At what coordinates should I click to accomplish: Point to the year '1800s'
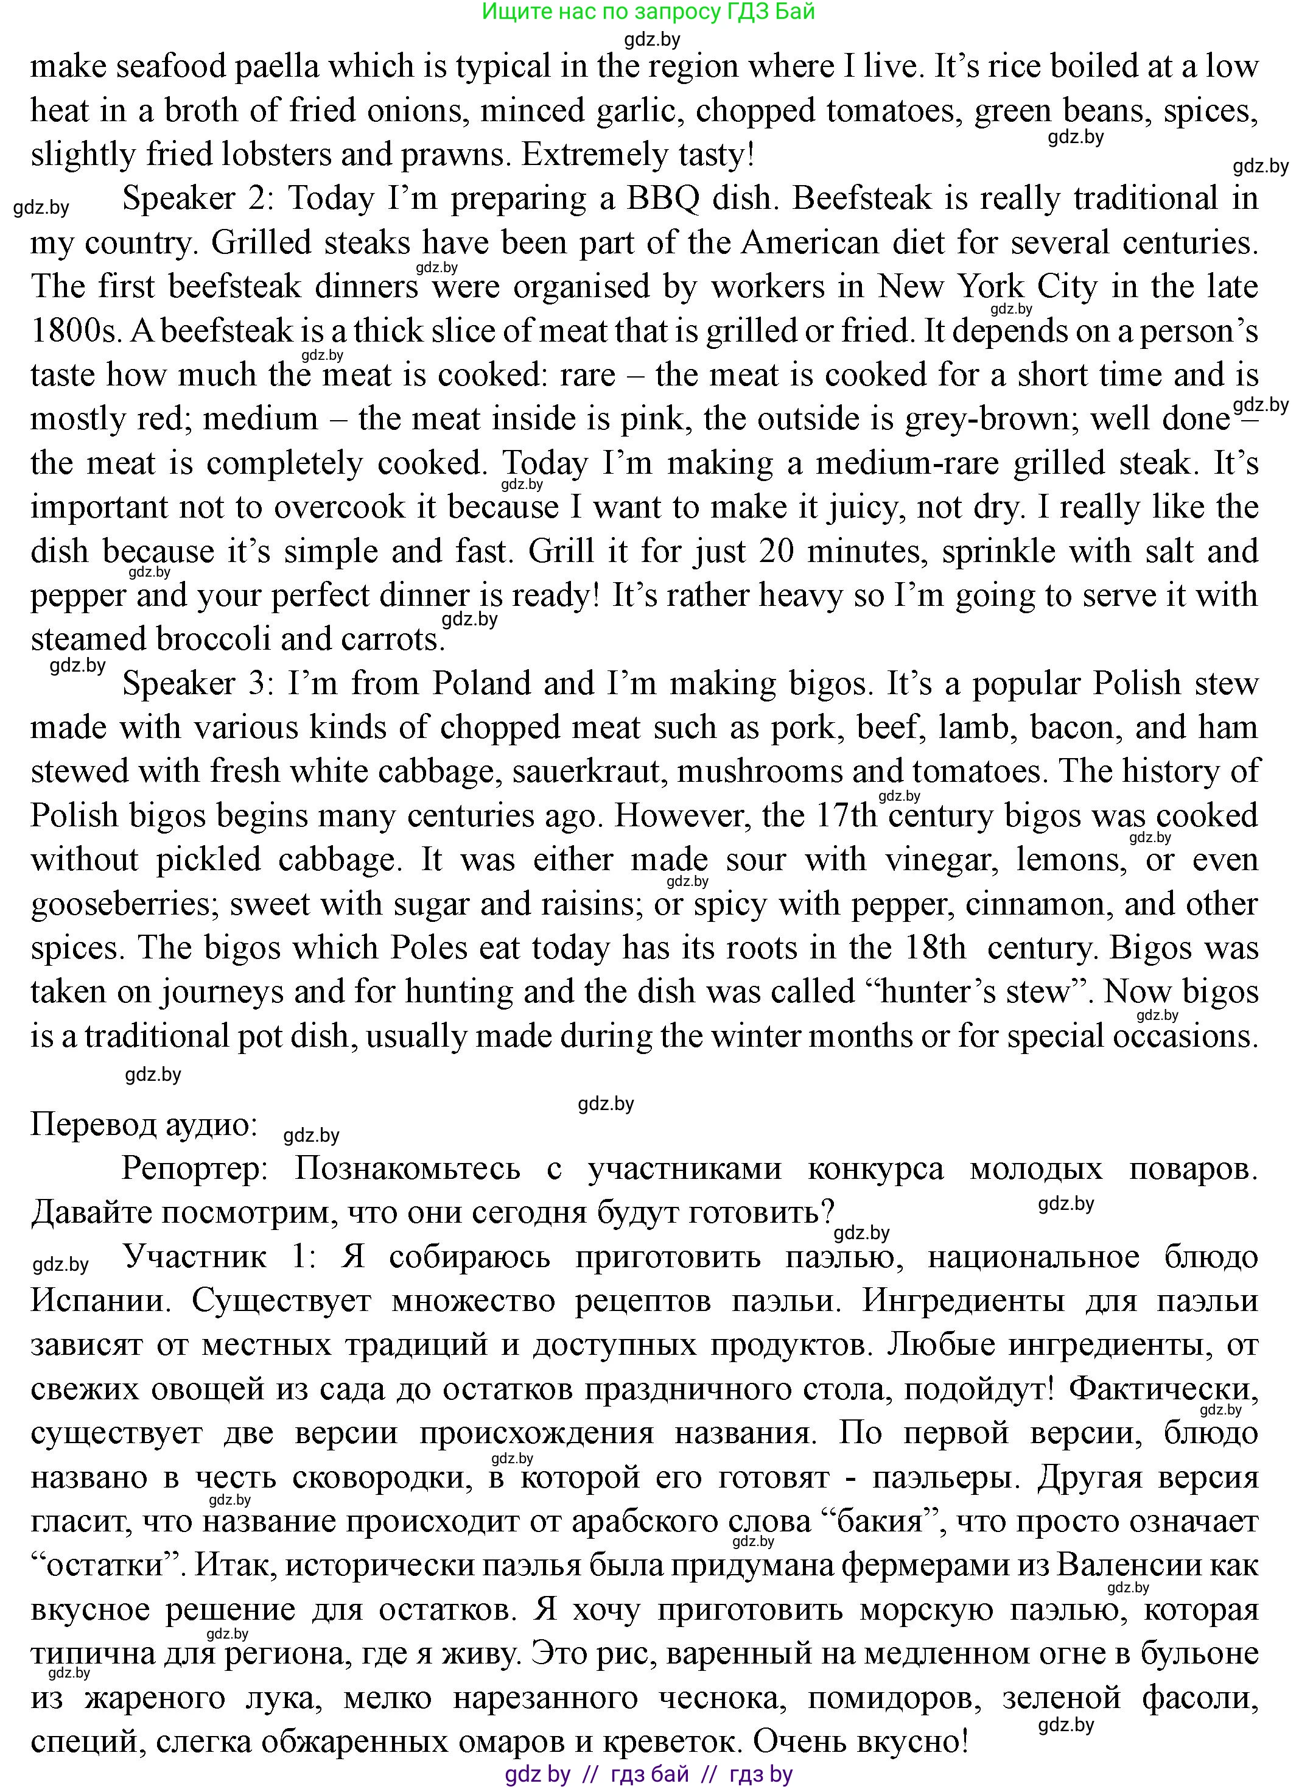[73, 331]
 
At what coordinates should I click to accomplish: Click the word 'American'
[809, 243]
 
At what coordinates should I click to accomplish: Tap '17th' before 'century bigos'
[846, 817]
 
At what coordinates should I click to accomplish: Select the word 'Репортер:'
[195, 1170]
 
